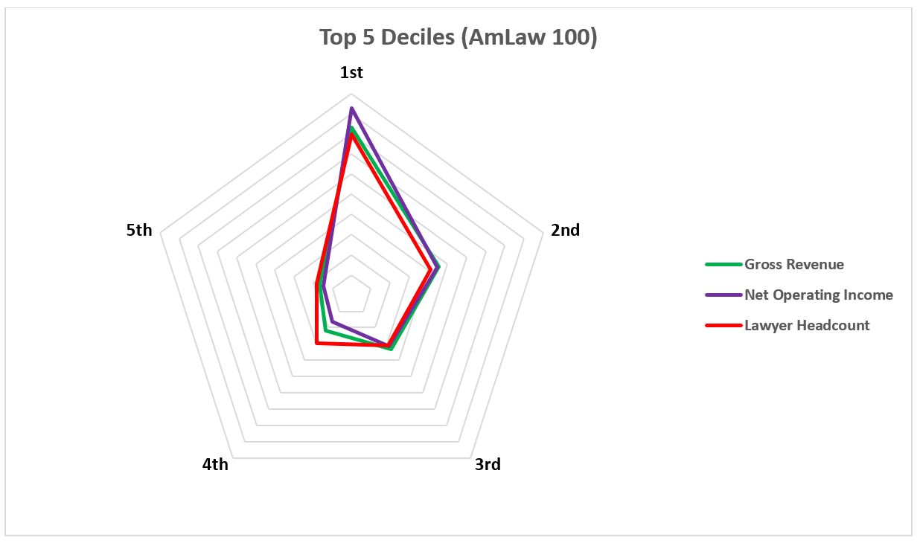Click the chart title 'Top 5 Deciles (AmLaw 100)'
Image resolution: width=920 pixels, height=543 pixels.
click(x=459, y=38)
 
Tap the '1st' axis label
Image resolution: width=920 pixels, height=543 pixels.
click(x=351, y=73)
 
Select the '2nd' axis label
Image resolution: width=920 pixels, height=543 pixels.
click(x=565, y=231)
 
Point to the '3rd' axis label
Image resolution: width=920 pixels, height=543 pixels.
click(x=488, y=465)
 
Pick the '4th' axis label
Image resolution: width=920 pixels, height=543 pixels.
click(x=215, y=465)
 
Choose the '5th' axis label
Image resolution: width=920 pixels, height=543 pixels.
click(x=139, y=231)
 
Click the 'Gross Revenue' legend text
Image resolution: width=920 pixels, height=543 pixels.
click(x=794, y=265)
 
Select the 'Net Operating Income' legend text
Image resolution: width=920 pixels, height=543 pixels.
click(x=818, y=295)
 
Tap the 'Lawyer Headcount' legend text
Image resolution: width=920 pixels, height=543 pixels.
click(x=807, y=326)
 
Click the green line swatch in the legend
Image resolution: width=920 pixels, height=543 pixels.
click(x=723, y=265)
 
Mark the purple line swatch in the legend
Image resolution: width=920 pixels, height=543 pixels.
click(x=723, y=295)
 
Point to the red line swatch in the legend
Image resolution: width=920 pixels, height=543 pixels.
click(x=723, y=326)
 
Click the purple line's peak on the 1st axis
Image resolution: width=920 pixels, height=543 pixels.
click(x=351, y=109)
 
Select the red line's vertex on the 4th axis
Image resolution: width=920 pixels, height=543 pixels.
click(x=317, y=343)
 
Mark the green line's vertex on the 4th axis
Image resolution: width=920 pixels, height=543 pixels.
click(x=326, y=331)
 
